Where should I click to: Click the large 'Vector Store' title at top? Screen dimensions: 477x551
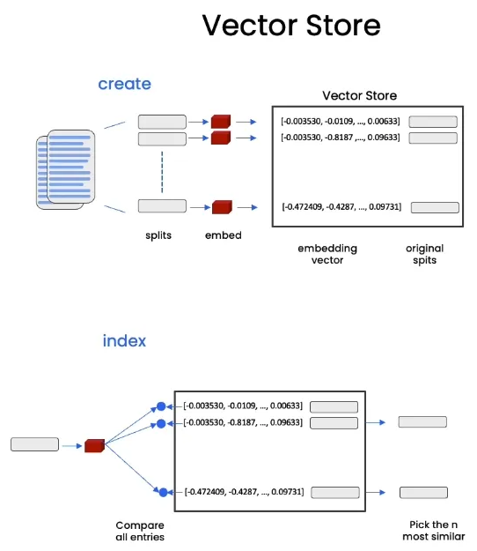click(291, 26)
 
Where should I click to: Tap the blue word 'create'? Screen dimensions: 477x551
click(124, 84)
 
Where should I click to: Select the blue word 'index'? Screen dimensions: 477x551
click(124, 340)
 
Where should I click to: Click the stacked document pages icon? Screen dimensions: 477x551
click(66, 169)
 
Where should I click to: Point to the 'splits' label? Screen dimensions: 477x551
click(158, 235)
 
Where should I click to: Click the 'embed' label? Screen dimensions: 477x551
click(223, 235)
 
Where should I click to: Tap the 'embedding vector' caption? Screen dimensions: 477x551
click(327, 254)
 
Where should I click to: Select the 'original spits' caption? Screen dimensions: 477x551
click(425, 254)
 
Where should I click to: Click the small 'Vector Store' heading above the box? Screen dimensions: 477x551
click(359, 95)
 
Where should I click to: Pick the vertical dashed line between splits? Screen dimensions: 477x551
click(162, 172)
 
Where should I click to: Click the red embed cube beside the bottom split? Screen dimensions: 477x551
click(222, 207)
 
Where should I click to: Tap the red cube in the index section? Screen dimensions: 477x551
click(95, 445)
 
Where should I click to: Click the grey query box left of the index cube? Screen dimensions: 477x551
click(34, 444)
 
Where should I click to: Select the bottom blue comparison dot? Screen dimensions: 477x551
click(163, 492)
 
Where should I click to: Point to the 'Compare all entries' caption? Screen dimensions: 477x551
click(140, 531)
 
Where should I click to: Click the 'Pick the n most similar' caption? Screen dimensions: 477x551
click(434, 531)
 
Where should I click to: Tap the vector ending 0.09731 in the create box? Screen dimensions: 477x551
click(341, 206)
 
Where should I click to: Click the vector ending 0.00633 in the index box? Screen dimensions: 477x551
click(243, 406)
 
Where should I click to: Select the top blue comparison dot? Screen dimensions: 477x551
click(161, 406)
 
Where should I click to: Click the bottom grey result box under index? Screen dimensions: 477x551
click(423, 493)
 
